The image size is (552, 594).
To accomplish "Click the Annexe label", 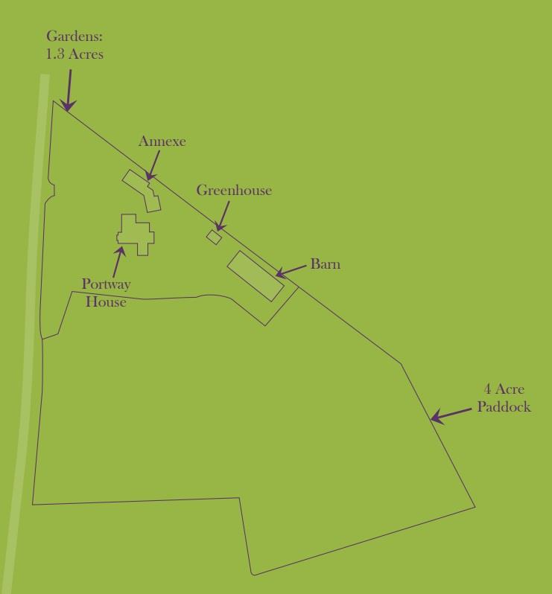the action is pos(162,141).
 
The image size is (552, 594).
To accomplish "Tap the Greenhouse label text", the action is pos(234,191).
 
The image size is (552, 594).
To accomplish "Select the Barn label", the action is pos(326,264).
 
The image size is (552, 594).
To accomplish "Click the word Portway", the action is pos(106,284).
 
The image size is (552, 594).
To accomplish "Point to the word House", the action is pos(106,302).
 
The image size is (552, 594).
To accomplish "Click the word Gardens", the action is pos(74,36).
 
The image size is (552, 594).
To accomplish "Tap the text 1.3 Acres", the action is pos(74,54).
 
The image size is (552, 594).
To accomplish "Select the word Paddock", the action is pos(504,407).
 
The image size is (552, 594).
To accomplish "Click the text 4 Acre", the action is pos(504,389).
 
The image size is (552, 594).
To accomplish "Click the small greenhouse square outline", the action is pos(214,237).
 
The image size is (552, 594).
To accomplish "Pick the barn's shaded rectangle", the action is pos(256,275).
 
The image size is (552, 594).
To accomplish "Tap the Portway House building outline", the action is pos(136,234).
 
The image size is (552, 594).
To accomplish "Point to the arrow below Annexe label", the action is pos(153,165).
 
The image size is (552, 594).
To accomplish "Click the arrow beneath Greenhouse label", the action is pos(222,215).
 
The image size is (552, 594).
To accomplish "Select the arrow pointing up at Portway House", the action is pos(118,260).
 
